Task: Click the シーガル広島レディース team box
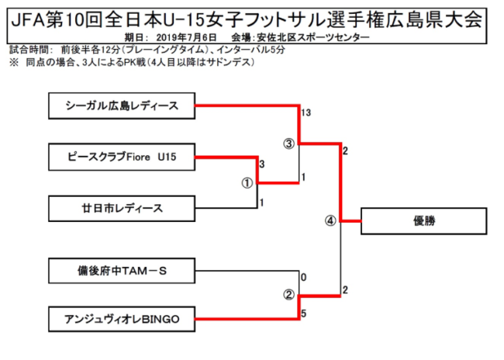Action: (x=121, y=106)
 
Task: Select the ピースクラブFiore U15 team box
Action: (x=121, y=157)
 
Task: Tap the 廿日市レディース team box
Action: (x=121, y=207)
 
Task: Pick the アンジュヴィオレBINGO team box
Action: (x=121, y=319)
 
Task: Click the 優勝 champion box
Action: (x=424, y=221)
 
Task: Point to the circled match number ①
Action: (x=247, y=183)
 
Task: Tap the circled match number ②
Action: (x=288, y=295)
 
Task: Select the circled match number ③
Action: (x=288, y=144)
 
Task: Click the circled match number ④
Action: (x=330, y=220)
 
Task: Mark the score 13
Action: (x=307, y=113)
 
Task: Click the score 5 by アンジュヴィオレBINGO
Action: (x=303, y=313)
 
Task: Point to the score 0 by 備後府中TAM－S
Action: (x=303, y=278)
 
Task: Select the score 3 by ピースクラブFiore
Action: (x=262, y=164)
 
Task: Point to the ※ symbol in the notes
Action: (x=13, y=62)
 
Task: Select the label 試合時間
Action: (x=26, y=49)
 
